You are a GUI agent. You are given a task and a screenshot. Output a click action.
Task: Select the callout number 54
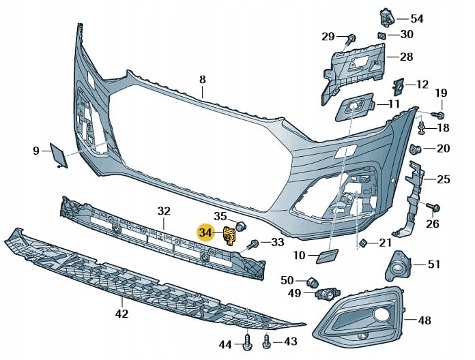416,18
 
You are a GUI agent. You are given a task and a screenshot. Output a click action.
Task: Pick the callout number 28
406,57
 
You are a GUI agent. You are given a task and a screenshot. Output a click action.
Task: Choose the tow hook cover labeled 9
57,154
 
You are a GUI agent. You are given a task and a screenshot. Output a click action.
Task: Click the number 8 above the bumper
202,79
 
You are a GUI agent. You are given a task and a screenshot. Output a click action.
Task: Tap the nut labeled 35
240,226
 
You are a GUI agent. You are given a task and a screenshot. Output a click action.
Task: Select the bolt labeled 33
253,243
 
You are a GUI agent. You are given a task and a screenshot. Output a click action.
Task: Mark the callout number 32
164,211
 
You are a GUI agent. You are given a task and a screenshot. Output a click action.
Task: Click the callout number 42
121,314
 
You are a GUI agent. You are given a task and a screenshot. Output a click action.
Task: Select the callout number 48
424,320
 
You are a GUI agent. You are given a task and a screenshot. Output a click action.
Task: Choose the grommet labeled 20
414,149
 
